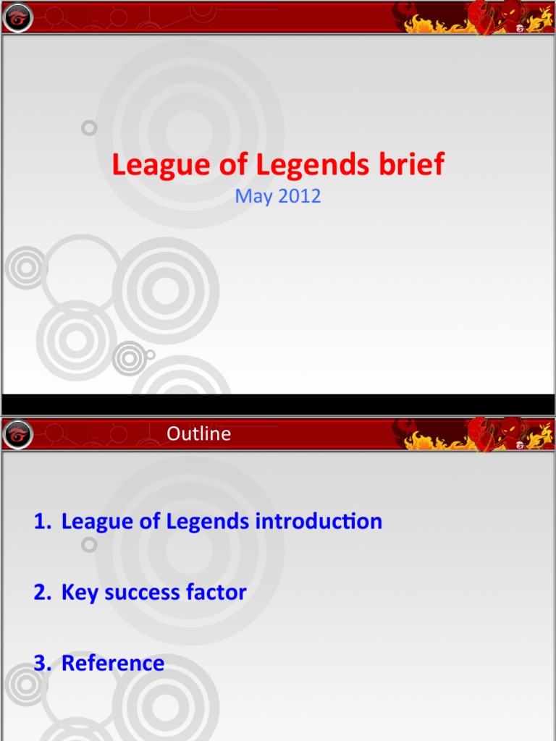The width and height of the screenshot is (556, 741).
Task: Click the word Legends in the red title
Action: (x=313, y=166)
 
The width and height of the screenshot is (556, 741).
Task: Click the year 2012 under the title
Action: (x=298, y=196)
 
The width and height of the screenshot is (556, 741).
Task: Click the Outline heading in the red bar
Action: (x=199, y=433)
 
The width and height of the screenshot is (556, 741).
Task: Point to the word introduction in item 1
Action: (x=319, y=521)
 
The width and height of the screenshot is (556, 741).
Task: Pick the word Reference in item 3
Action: (x=113, y=663)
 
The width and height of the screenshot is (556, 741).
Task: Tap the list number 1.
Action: (x=41, y=522)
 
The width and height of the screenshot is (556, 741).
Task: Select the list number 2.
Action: (x=41, y=593)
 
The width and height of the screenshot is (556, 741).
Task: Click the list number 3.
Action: (x=41, y=663)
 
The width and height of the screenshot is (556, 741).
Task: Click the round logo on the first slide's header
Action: (x=18, y=18)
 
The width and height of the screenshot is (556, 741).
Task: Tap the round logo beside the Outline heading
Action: (x=18, y=435)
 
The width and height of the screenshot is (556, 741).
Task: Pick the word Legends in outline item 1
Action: (x=207, y=522)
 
